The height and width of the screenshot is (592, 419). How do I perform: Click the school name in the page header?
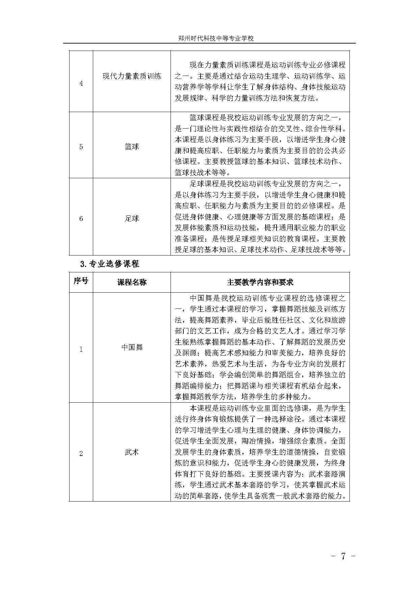pos(216,38)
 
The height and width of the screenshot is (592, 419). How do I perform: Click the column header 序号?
pos(81,281)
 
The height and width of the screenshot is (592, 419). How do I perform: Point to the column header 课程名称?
pos(132,282)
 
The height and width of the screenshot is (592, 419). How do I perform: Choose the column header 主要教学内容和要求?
pos(260,282)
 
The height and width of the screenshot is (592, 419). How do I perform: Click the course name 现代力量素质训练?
pos(132,76)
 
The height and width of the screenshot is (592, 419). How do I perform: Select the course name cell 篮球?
pos(132,146)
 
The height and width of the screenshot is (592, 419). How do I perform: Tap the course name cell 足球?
pos(132,218)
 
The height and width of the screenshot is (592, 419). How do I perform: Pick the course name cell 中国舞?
pos(132,347)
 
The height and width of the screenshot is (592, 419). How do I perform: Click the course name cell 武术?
pos(132,452)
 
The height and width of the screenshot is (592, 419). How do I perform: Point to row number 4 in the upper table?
pos(81,83)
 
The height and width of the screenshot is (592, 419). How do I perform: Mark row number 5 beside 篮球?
pos(81,147)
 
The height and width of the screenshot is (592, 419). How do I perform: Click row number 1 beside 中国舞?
pos(81,349)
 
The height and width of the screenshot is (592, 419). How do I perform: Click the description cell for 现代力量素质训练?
pos(260,81)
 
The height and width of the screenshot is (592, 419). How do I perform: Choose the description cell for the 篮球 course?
pos(260,145)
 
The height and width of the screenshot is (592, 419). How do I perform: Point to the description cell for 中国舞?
pos(260,347)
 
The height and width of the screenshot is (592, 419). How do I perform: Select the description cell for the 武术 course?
pos(260,452)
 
